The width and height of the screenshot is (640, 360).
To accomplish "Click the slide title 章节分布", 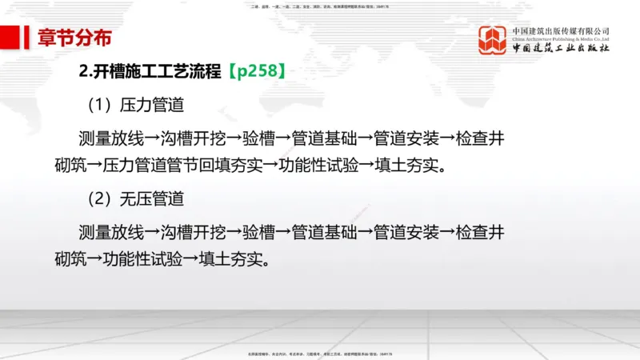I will click(74, 37).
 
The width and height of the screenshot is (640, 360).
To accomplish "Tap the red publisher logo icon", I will click(493, 40).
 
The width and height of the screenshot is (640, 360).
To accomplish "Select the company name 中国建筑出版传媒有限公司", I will click(561, 30).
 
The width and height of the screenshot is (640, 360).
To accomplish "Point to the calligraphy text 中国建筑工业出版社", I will click(561, 48).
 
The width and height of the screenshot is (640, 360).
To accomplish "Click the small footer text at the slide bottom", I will click(320, 353).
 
